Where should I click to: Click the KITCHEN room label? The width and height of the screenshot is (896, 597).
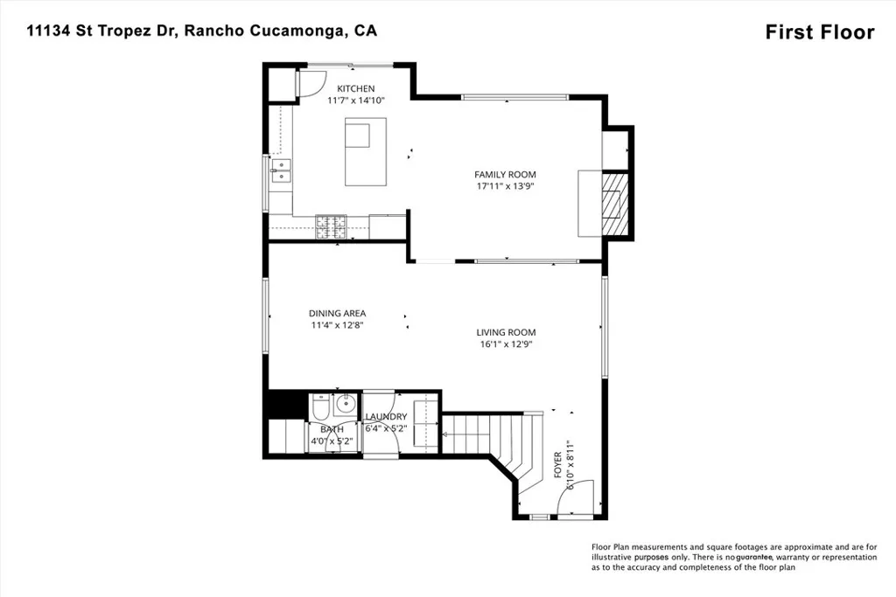click(x=356, y=88)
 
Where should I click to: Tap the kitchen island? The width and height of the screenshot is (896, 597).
click(x=365, y=153)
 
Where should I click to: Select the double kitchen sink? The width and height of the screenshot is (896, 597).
click(x=282, y=170)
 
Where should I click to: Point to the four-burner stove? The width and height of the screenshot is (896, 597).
click(x=331, y=226)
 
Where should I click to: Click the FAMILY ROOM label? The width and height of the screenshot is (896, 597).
click(x=506, y=174)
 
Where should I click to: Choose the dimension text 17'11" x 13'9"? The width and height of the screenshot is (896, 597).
click(x=505, y=186)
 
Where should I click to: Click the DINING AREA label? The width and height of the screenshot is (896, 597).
click(x=337, y=313)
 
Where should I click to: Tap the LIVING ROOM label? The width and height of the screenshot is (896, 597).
click(x=506, y=332)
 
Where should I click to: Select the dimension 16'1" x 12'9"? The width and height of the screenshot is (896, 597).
click(x=505, y=344)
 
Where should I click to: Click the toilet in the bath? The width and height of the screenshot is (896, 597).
click(x=319, y=408)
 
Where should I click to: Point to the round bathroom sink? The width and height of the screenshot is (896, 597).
click(x=345, y=404)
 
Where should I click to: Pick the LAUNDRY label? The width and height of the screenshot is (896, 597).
click(x=386, y=417)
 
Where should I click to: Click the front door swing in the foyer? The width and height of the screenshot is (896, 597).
click(x=582, y=498)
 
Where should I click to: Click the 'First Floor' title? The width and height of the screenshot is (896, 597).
click(x=819, y=32)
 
